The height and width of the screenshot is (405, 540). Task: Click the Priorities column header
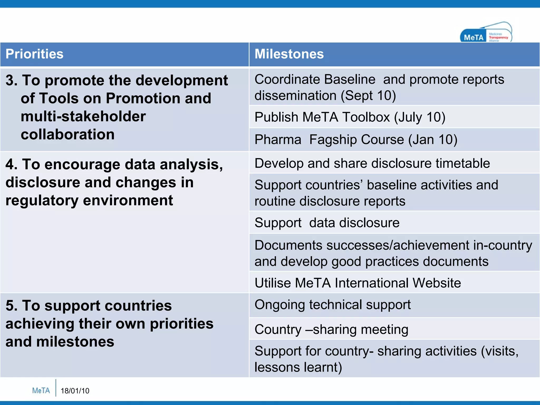point(35,54)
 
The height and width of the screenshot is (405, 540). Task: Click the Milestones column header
point(289,54)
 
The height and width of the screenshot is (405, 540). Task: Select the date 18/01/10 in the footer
point(75,391)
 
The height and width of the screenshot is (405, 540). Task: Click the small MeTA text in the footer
point(41,390)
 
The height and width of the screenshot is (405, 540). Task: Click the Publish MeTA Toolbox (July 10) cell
point(350,117)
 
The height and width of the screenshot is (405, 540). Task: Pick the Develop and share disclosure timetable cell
point(372,163)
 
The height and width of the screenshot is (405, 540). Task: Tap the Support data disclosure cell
point(327,223)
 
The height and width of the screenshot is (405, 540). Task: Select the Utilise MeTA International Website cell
point(358,283)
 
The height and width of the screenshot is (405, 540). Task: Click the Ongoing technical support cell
point(332,305)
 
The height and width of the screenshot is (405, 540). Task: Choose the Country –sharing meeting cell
point(331,330)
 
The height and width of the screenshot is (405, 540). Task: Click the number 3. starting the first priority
point(11,80)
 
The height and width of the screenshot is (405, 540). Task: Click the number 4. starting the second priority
point(11,165)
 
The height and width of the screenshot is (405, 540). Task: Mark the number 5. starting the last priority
point(11,306)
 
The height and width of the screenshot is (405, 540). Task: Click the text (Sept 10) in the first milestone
point(368,95)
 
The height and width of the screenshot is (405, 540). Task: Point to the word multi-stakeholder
point(83,117)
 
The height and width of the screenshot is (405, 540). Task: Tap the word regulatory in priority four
point(42,201)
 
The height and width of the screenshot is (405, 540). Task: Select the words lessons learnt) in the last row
point(298,367)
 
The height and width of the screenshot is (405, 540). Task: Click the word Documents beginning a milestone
point(288,245)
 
